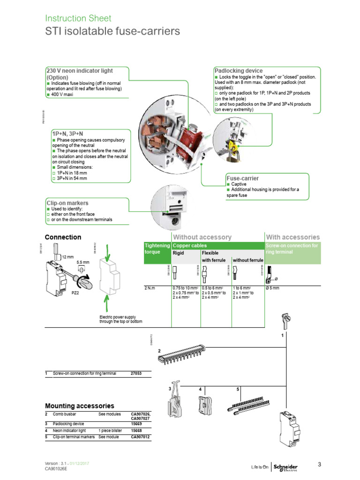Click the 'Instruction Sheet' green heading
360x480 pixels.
point(78,18)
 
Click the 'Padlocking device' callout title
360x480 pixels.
point(238,71)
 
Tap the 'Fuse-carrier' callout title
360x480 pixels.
point(242,179)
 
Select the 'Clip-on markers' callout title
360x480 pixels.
point(67,203)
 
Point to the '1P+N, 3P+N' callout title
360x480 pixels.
point(68,134)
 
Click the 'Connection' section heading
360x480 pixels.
point(63,237)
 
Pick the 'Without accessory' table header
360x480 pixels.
point(202,237)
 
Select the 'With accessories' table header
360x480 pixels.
point(292,237)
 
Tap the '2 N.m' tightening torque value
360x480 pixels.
point(150,287)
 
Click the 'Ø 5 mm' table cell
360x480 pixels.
point(273,287)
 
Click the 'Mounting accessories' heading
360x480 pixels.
point(79,405)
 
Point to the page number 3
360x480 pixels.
point(319,465)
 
